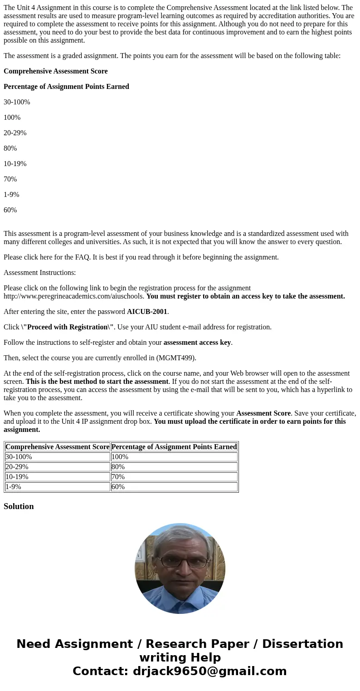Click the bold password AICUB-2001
(147, 312)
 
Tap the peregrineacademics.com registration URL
(73, 296)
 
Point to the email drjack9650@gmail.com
(210, 671)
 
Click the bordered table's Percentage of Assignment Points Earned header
(174, 447)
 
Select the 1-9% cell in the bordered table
(13, 487)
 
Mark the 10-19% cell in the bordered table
(17, 477)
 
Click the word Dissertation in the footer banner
(302, 644)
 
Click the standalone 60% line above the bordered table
(10, 210)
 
